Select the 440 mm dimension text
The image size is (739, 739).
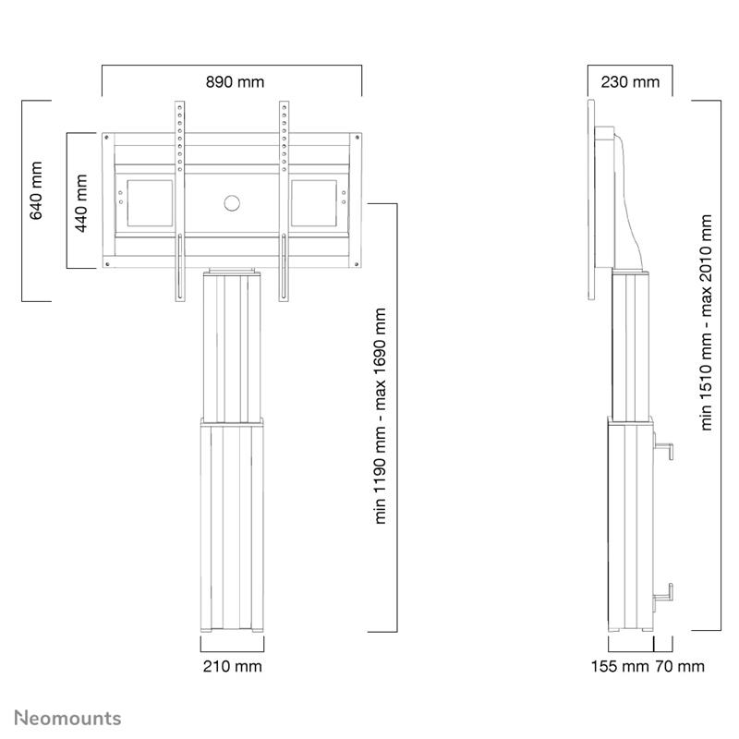coord(80,202)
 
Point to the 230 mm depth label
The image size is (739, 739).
coord(630,82)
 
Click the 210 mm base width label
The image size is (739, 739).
coord(231,666)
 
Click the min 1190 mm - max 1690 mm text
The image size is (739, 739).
coord(380,417)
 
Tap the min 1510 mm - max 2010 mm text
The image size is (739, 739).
coord(708,323)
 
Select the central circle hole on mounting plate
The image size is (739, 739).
coord(231,202)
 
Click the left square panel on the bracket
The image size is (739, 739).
coord(148,204)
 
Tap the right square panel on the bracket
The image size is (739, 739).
coord(314,204)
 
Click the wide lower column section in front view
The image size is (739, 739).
coord(231,527)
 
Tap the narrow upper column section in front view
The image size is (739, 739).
coord(231,346)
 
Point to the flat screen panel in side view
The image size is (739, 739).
coord(593,199)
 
